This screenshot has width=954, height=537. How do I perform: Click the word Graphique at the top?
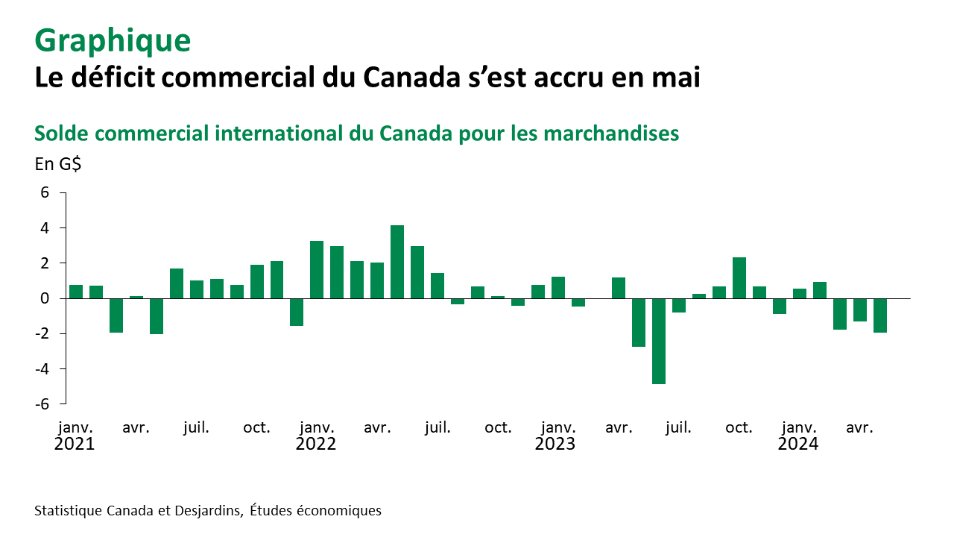[113, 40]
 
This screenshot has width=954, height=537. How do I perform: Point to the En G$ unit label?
[58, 164]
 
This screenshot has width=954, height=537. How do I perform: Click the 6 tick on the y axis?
[45, 192]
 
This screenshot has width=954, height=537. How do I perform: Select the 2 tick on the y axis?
[45, 263]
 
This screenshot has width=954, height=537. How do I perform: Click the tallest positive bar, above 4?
[397, 262]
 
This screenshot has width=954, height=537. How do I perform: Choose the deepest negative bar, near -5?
[659, 341]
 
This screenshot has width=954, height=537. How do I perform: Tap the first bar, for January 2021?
[76, 292]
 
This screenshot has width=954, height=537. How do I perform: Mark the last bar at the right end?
[880, 315]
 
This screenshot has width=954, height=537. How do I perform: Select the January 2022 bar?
[317, 270]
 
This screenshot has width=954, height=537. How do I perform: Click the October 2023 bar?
[739, 277]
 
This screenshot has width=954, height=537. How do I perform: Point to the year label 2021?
[75, 445]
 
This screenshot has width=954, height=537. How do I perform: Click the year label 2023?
[555, 445]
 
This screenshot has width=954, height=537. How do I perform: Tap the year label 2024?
[798, 445]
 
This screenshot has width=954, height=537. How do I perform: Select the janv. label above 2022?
[317, 428]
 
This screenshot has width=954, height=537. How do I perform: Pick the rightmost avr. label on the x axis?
[859, 428]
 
